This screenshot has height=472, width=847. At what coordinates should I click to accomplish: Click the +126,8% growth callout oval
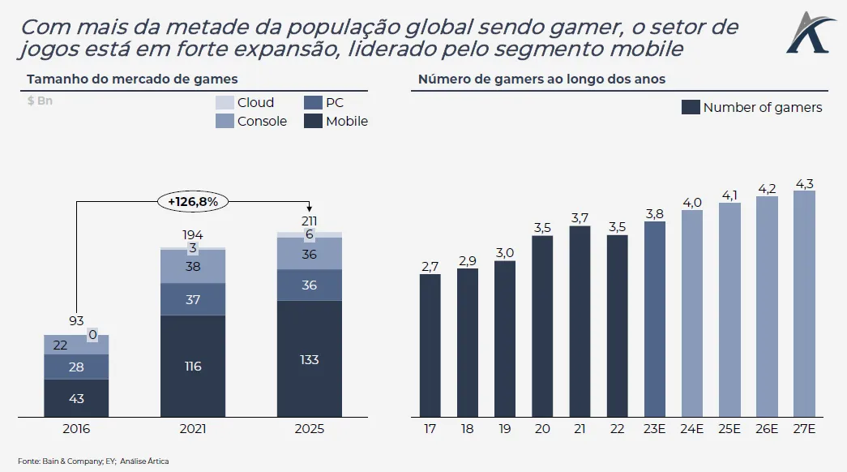[194, 200]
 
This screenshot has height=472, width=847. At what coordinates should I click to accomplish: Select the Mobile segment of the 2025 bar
[309, 359]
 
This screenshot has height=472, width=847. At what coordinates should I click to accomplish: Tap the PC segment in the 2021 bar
[193, 299]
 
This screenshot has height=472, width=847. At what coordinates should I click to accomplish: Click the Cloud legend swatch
[225, 103]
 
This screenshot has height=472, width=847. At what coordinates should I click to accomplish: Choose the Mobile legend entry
[336, 122]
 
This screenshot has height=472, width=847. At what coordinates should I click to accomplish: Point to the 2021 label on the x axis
[193, 429]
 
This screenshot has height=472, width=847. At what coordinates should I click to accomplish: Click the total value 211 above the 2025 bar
[309, 221]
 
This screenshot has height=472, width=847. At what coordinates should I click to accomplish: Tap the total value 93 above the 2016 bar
[75, 321]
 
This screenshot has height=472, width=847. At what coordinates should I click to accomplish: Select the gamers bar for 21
[580, 321]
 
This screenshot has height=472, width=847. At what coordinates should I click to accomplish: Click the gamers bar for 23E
[654, 319]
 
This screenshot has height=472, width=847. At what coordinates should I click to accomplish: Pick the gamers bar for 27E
[803, 304]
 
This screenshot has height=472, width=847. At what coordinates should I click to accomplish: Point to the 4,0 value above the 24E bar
[691, 203]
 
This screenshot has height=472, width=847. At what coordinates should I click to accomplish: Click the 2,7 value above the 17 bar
[430, 266]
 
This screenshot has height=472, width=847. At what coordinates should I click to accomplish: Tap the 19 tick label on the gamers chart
[504, 429]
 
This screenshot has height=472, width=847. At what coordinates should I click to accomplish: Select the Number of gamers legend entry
[752, 108]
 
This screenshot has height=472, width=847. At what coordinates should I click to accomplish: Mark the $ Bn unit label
[40, 101]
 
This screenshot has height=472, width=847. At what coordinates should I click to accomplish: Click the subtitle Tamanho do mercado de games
[132, 79]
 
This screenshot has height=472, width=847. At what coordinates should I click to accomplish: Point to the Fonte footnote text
[93, 461]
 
